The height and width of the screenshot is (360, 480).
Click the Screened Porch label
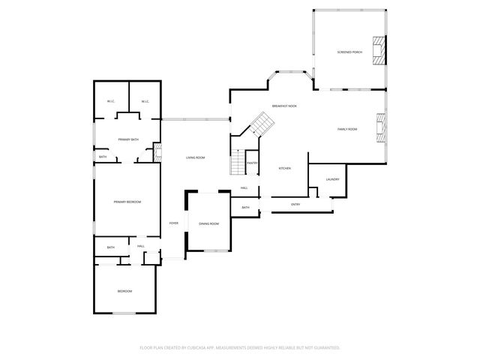349,52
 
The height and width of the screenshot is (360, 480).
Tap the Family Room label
346,129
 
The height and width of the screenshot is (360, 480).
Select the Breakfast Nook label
284,106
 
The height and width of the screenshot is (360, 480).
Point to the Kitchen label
285,168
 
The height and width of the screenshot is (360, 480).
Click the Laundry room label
333,179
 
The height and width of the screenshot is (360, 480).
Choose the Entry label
295,204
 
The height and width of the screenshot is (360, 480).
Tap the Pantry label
253,163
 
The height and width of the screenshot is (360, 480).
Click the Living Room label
196,157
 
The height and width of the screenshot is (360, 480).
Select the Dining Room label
209,223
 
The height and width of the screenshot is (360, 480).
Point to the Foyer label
174,223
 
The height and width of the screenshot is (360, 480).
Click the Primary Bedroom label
127,202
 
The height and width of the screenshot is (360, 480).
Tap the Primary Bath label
127,139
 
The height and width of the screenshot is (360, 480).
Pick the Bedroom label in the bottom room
124,291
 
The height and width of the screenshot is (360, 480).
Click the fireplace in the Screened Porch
381,51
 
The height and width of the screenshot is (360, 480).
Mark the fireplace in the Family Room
381,129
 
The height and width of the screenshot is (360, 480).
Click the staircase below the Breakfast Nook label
259,125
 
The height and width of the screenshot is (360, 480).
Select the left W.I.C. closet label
110,102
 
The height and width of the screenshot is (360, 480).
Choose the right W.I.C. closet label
145,102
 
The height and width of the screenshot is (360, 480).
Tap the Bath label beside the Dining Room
245,207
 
